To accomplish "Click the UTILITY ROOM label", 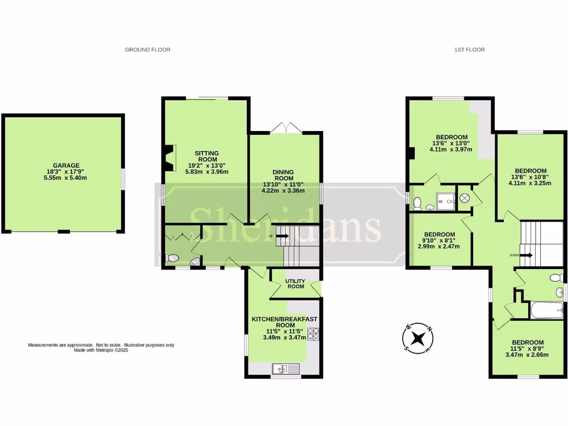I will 295,283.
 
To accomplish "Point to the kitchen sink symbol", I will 286,368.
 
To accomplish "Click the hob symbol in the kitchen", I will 313,334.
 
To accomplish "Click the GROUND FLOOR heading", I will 148,50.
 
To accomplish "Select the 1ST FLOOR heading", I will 469,50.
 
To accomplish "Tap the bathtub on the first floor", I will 546,310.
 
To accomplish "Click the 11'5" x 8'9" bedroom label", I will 528,348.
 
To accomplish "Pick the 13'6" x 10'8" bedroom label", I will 530,177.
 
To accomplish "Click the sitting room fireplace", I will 169,157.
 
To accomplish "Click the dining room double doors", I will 286,128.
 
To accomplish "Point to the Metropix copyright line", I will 101,351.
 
